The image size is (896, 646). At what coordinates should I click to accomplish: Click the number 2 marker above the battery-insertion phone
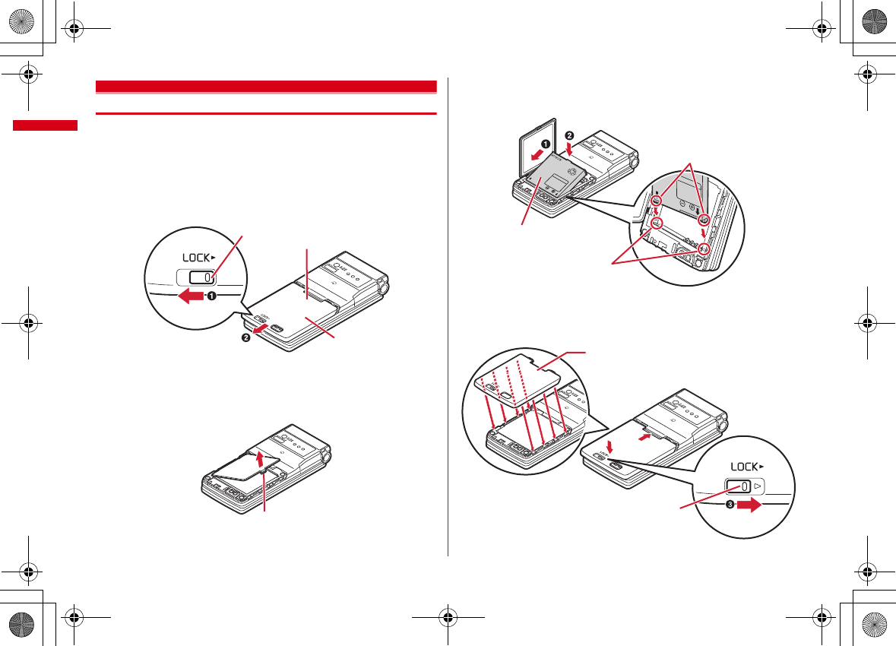pos(569,137)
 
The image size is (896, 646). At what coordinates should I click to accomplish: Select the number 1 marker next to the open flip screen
pos(545,143)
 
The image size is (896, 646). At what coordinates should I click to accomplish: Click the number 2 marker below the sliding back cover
pos(246,337)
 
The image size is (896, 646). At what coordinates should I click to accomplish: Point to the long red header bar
pos(266,85)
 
